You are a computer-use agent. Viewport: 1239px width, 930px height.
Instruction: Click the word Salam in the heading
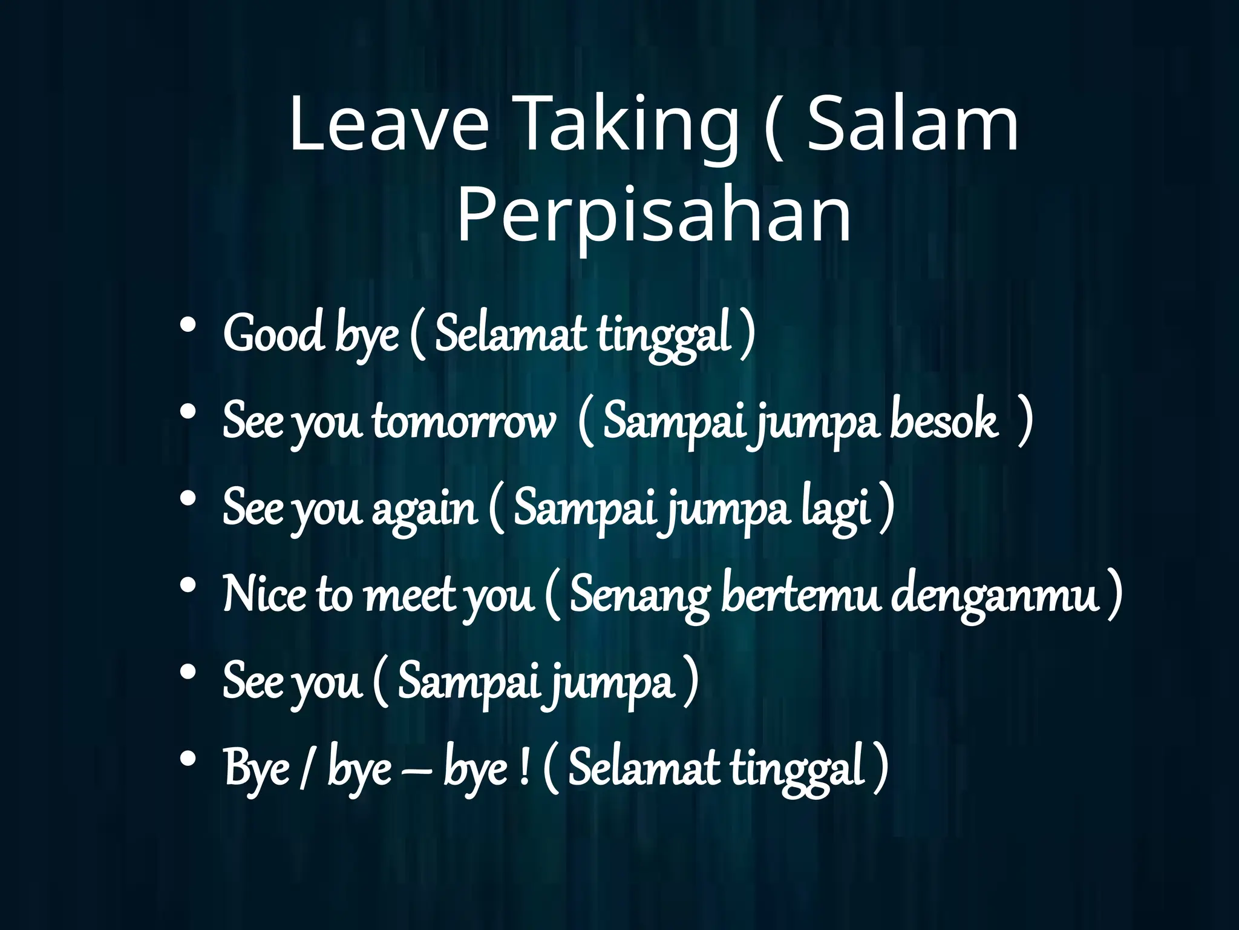coord(913,126)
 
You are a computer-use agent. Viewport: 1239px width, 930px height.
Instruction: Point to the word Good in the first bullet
coord(273,334)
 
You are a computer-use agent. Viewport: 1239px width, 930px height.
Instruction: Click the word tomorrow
coord(463,421)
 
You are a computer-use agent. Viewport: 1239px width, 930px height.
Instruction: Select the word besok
coord(943,421)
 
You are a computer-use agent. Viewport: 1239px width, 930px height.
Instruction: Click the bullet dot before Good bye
coord(188,326)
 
